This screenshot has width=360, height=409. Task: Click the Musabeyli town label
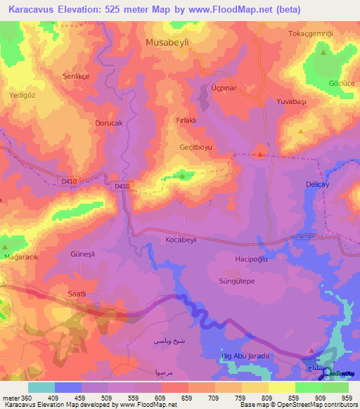pos(172,42)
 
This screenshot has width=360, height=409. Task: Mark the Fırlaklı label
pos(189,120)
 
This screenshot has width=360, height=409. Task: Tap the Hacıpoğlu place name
pos(251,259)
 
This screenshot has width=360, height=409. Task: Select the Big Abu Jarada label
pos(246,356)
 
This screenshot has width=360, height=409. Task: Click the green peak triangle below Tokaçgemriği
pos(323,53)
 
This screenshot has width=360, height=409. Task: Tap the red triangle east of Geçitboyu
pos(260,154)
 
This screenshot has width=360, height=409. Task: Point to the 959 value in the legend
pos(345,397)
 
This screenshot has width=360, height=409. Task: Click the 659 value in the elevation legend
pos(187,397)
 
